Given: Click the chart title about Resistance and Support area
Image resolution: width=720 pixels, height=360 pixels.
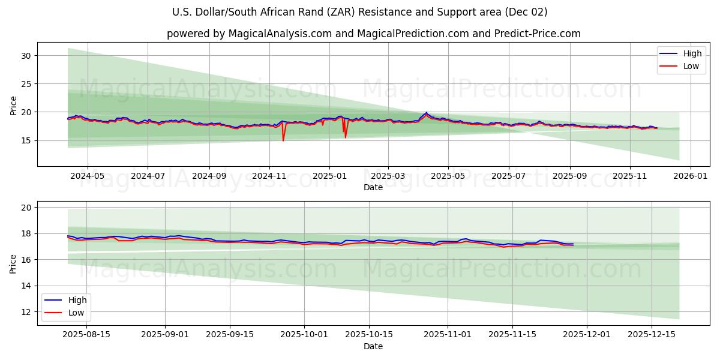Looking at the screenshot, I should click(x=359, y=12).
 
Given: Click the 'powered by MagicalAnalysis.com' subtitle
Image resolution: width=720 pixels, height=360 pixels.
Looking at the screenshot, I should click(x=373, y=34).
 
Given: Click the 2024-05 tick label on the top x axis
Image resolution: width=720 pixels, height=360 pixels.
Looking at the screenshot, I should click(x=88, y=176).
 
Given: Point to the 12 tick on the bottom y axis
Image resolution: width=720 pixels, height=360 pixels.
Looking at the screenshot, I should click(x=26, y=312).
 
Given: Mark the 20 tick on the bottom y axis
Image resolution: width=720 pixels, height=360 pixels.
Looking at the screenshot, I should click(x=26, y=207).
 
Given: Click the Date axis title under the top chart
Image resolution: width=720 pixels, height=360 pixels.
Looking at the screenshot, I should click(x=373, y=187).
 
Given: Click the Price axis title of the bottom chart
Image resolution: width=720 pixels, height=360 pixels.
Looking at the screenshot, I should click(x=13, y=263).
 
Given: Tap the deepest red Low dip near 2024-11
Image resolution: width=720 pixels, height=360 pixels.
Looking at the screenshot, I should click(x=283, y=140).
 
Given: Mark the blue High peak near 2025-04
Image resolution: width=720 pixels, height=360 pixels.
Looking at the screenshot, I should click(x=427, y=112).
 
